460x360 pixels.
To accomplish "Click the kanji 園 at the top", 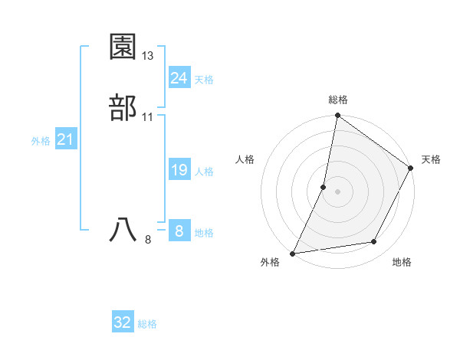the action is [x=123, y=48].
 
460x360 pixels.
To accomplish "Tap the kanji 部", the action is [x=123, y=108].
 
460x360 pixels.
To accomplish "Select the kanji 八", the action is [x=123, y=231].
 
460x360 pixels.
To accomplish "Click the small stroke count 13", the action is [x=148, y=56].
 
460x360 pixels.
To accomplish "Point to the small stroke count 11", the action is [x=148, y=116].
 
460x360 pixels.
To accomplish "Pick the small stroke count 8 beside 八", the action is [x=148, y=239].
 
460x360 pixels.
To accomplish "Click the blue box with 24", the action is [x=179, y=78].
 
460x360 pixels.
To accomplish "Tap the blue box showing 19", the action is [x=179, y=170].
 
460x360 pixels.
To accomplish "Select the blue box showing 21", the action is [x=65, y=139].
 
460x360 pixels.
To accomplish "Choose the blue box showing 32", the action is [x=123, y=322].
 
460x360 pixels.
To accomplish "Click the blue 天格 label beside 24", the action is [x=204, y=80].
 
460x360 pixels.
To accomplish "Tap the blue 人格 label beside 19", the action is [x=204, y=172].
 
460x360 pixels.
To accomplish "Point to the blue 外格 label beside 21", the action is [x=41, y=141].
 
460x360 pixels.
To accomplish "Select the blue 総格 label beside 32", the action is [x=147, y=324].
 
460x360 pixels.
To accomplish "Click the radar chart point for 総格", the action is [x=337, y=116].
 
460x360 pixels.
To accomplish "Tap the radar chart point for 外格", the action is [x=293, y=253].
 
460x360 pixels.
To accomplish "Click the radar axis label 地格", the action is [x=402, y=262].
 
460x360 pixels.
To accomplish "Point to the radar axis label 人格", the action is [x=245, y=159].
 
